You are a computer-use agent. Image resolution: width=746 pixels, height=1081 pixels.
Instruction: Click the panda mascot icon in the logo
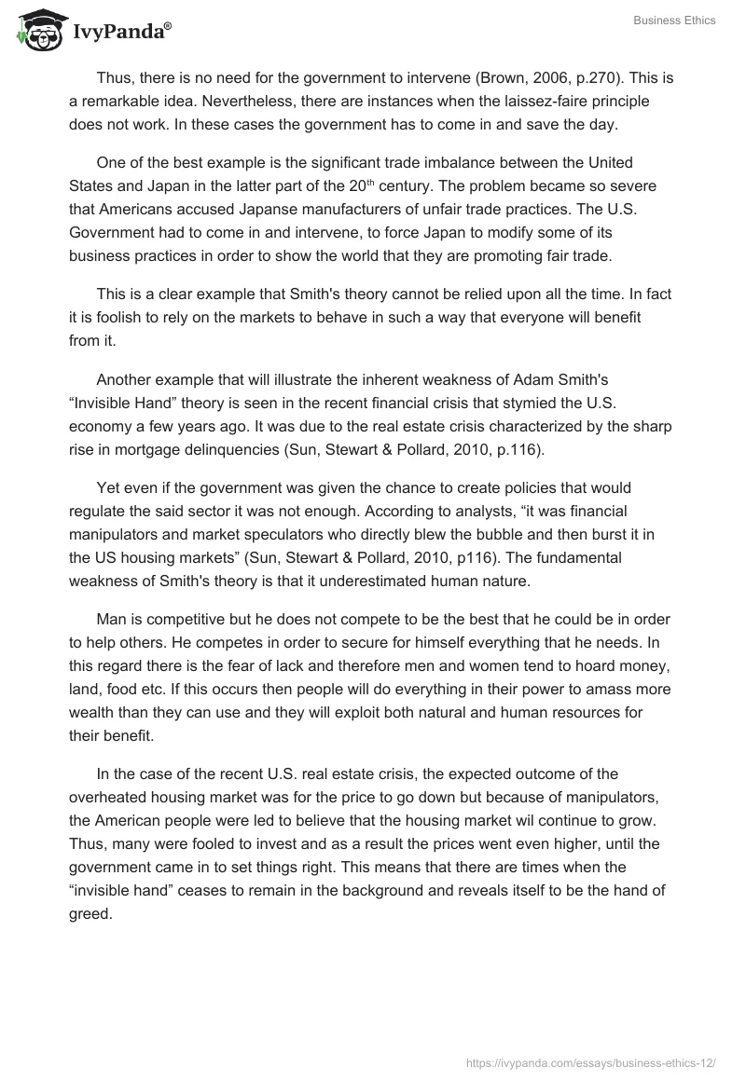[x=35, y=32]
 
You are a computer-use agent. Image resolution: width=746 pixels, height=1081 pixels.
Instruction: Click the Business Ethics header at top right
[x=672, y=21]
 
